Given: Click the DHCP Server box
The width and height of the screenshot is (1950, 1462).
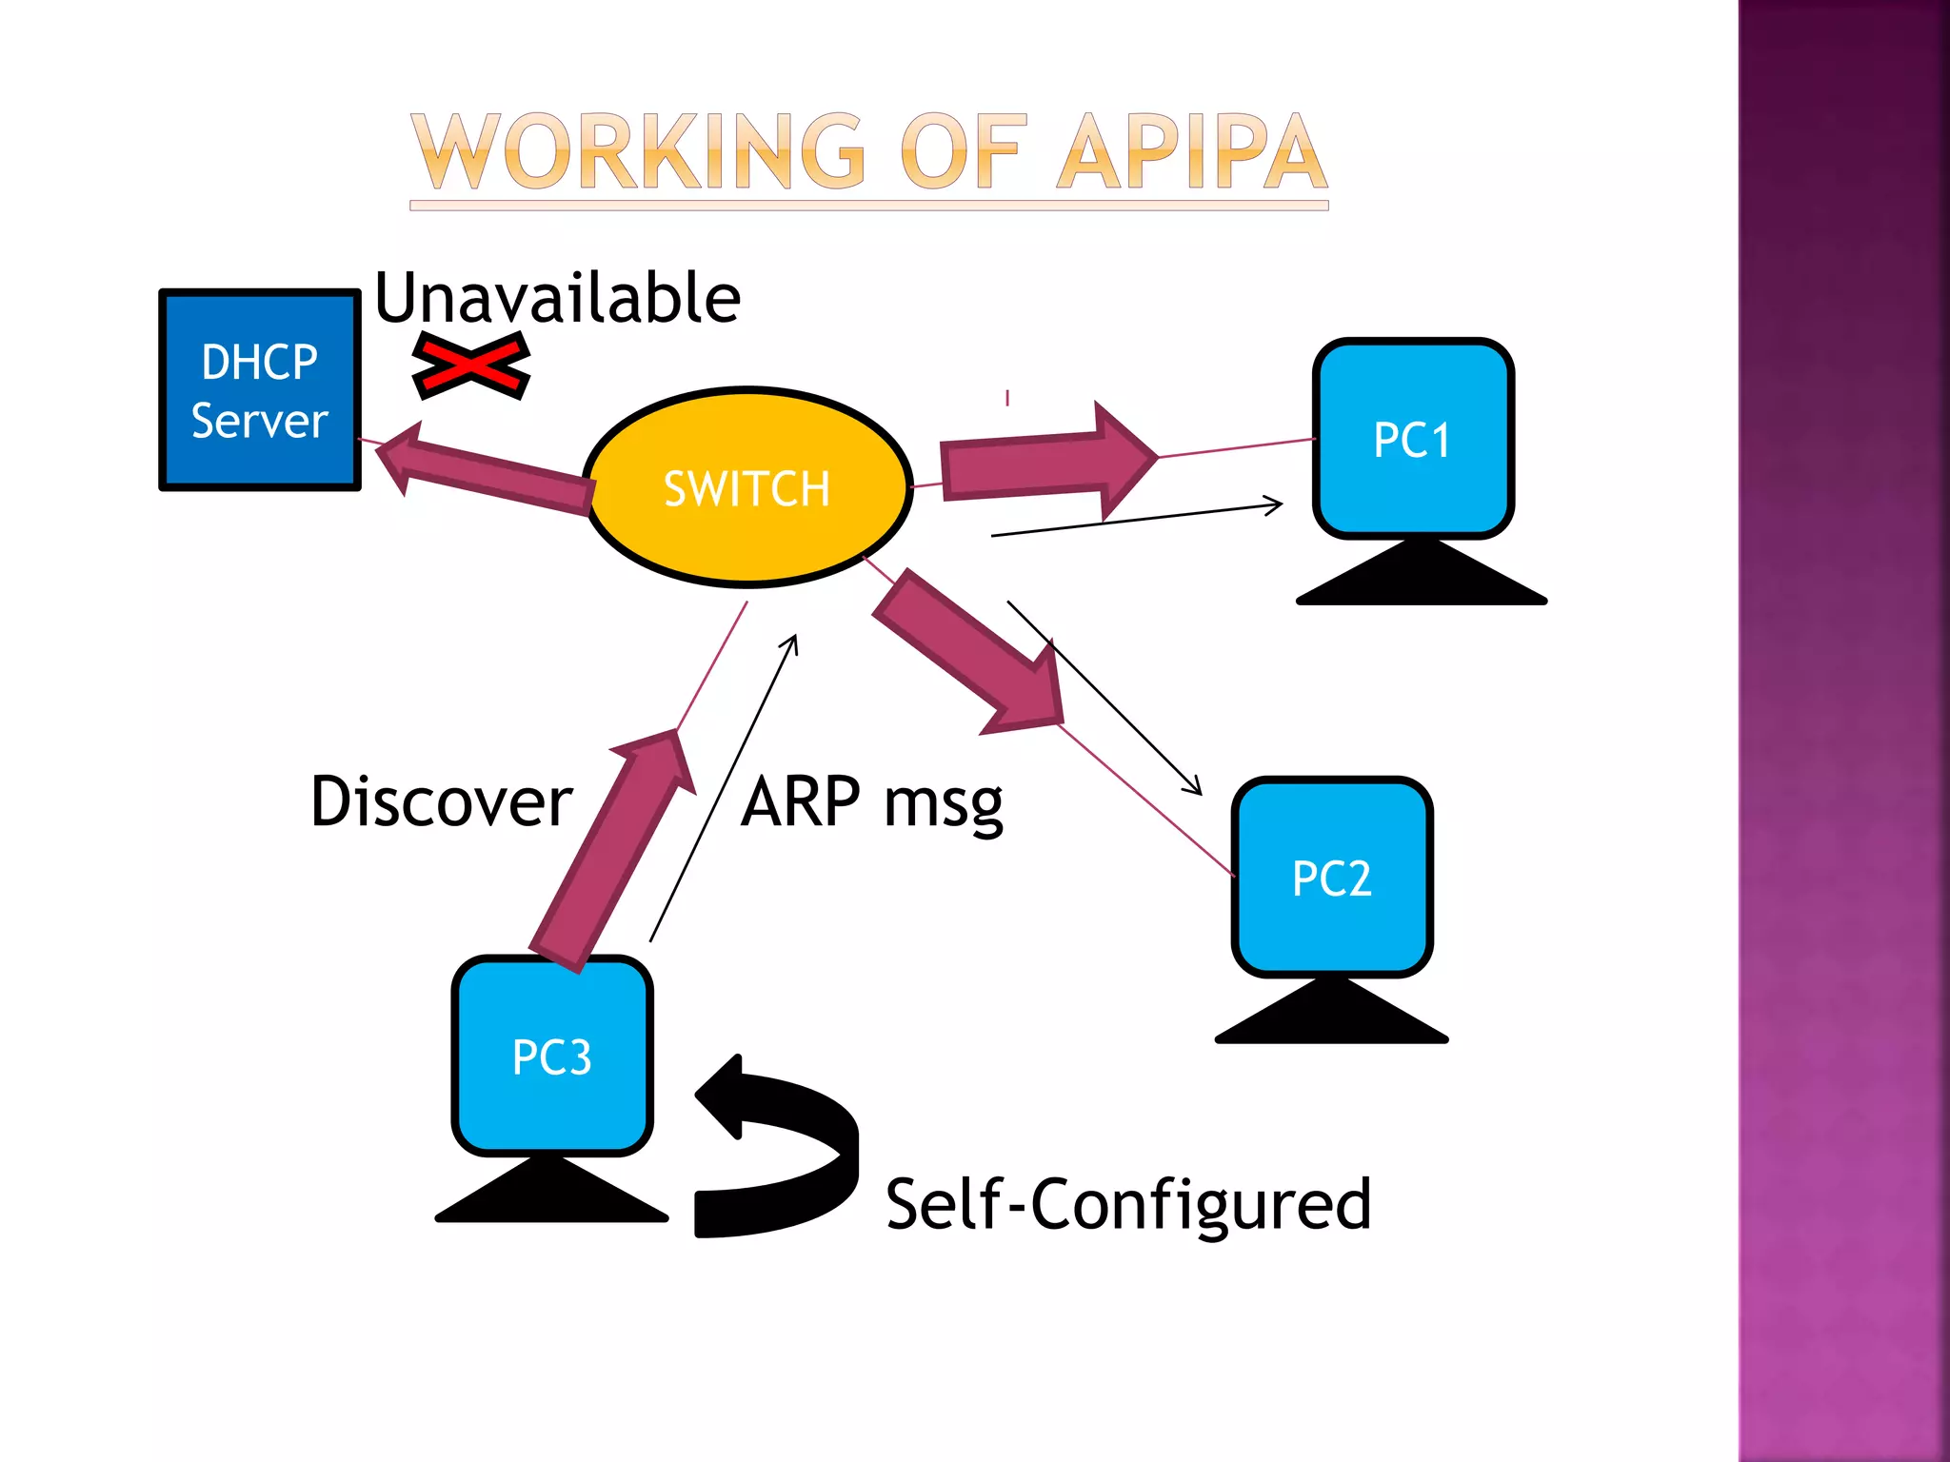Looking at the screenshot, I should [x=259, y=391].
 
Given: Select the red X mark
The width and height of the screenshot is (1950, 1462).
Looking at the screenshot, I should [x=470, y=365].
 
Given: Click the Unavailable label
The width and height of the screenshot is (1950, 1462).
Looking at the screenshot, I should [x=557, y=298].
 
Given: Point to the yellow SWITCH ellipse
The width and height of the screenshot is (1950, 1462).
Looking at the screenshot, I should [x=747, y=487].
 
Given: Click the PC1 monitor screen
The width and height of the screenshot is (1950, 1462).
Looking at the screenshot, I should [x=1412, y=439].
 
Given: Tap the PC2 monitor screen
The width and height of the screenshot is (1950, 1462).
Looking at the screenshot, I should [x=1331, y=877].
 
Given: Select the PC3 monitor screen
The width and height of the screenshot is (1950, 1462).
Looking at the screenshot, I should [x=552, y=1056].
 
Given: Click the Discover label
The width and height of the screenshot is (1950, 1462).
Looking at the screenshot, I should [x=441, y=801].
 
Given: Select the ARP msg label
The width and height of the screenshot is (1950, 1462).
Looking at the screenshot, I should [x=871, y=803].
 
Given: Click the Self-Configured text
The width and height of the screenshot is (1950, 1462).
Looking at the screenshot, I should [x=1128, y=1205].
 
